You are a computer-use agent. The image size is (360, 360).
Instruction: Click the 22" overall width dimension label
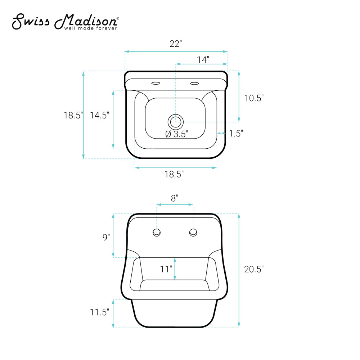[x=176, y=44]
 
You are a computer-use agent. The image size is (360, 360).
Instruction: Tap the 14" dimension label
[x=203, y=60]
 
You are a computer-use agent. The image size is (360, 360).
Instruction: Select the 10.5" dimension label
[x=254, y=98]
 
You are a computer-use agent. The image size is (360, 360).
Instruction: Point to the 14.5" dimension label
[x=99, y=115]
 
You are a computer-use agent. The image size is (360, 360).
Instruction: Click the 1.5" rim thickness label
[x=236, y=134]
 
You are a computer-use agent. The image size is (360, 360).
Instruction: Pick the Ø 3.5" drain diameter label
[x=177, y=134]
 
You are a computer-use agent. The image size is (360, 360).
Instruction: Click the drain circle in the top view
[x=176, y=122]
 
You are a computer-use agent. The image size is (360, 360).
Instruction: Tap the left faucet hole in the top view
[x=156, y=83]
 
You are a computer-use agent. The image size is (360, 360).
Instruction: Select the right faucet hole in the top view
[x=194, y=83]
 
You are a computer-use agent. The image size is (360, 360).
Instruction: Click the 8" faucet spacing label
[x=175, y=198]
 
